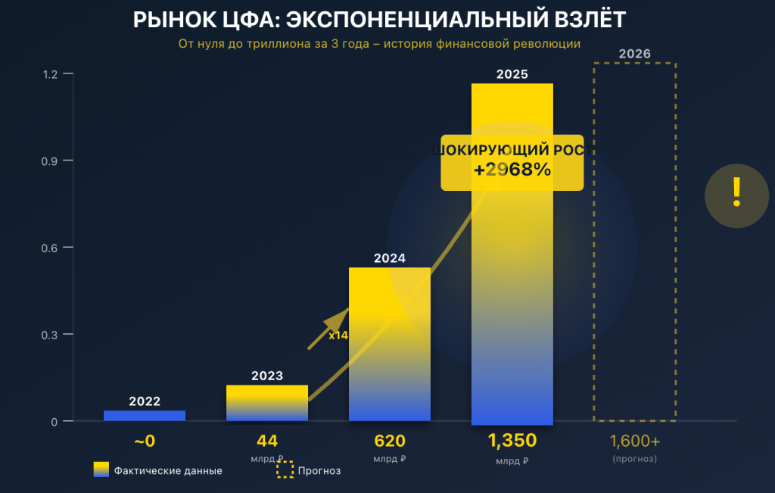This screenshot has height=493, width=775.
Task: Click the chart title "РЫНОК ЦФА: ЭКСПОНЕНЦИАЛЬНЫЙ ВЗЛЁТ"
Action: (379, 20)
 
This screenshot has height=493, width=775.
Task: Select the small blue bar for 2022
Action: (145, 415)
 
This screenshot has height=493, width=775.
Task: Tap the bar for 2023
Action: (267, 403)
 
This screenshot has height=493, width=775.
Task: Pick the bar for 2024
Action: (390, 345)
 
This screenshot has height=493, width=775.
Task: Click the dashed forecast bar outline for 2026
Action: (634, 242)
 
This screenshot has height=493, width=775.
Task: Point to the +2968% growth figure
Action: (512, 170)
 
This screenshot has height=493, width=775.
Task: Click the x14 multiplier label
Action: (338, 335)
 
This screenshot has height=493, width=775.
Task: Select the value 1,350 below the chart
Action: (512, 441)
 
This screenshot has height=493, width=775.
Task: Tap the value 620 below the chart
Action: (390, 441)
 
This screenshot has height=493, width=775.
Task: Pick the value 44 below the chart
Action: (267, 441)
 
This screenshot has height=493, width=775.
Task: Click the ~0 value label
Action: (145, 441)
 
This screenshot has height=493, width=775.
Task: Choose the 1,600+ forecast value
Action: (635, 441)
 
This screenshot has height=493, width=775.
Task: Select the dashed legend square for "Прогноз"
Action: (285, 470)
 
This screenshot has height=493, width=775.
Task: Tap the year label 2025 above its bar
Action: (512, 74)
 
